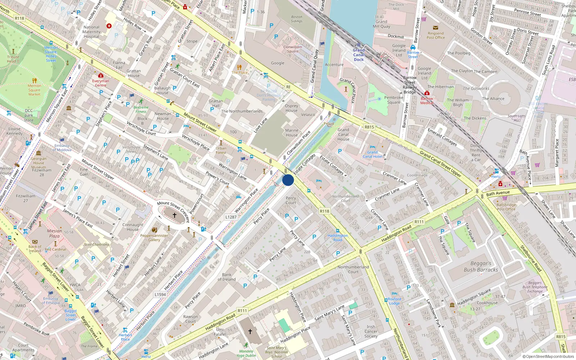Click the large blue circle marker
click(288, 180)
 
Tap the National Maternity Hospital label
click(91, 32)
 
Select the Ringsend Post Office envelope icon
click(436, 28)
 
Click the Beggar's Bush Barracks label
click(481, 266)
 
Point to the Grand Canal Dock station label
click(359, 55)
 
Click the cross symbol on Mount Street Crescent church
click(175, 215)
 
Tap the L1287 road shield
click(231, 217)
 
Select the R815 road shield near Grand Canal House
click(369, 127)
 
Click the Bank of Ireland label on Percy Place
click(226, 277)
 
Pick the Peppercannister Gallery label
click(154, 238)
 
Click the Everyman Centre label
click(100, 83)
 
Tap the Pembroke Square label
click(393, 100)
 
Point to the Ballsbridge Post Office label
click(506, 207)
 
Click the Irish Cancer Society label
click(371, 331)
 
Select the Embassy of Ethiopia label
click(50, 301)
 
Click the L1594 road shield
click(160, 294)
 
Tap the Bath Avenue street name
click(498, 193)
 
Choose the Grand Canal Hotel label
click(372, 154)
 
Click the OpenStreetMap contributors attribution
click(548, 356)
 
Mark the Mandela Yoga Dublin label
click(246, 353)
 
